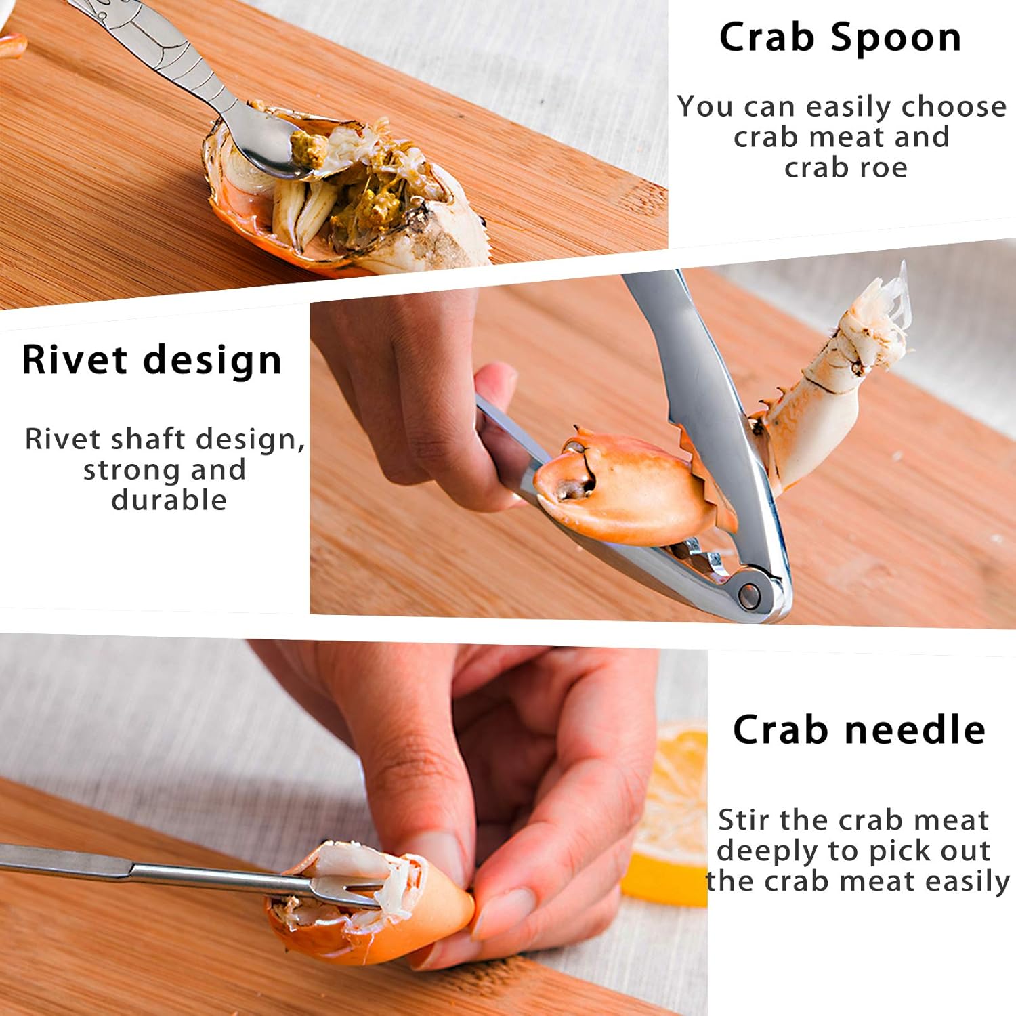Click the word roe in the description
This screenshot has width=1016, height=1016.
click(880, 167)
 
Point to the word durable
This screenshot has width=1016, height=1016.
click(169, 500)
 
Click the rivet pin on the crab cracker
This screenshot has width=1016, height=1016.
click(749, 595)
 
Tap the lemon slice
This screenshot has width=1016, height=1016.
click(667, 813)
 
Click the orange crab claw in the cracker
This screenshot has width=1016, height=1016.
click(623, 488)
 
